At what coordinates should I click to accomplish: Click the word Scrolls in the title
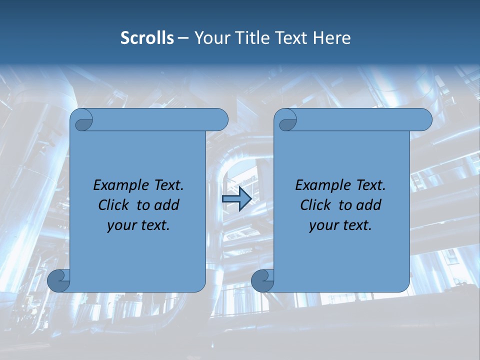147,38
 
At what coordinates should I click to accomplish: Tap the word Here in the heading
331,38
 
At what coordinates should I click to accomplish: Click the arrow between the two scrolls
236,199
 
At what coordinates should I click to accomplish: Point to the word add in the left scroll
167,205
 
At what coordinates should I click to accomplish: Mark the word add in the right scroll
369,205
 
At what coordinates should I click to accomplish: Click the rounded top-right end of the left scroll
220,120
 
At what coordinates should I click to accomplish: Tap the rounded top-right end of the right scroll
424,120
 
